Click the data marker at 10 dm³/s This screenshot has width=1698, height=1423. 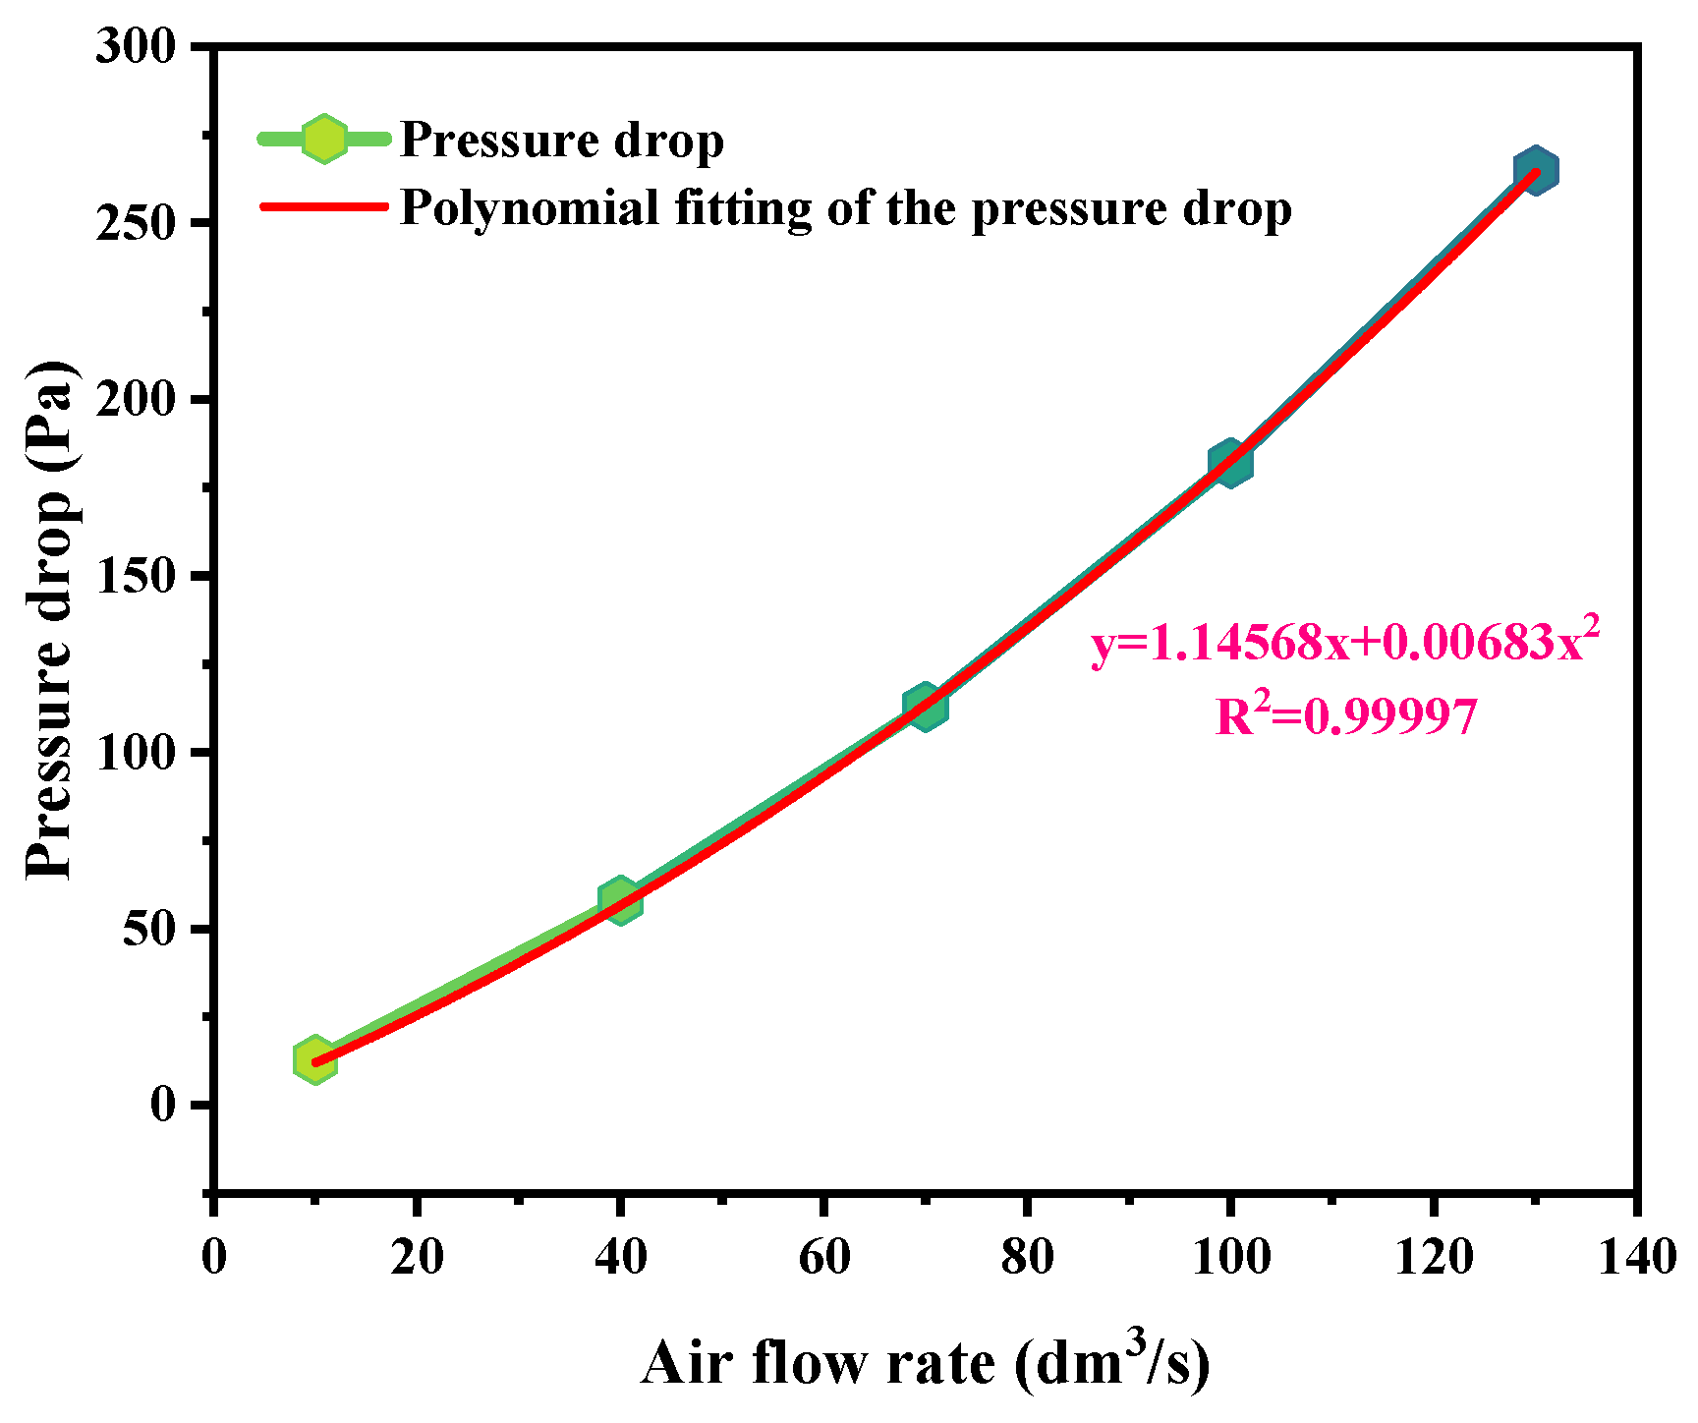tap(314, 1060)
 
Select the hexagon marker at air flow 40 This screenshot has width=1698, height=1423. tap(619, 899)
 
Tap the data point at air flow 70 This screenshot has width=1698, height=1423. tap(924, 707)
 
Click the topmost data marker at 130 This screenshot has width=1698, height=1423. tap(1535, 171)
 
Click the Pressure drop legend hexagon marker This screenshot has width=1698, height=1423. tap(323, 139)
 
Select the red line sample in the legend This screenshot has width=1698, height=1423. tap(323, 206)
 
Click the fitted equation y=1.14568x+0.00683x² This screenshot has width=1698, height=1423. tap(1344, 643)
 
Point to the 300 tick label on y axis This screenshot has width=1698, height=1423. tap(135, 46)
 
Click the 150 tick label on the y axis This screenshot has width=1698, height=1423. tap(135, 576)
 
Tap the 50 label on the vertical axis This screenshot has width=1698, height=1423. tap(148, 929)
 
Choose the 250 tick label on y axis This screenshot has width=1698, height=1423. tap(135, 223)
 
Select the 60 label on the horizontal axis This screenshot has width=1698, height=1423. tap(822, 1257)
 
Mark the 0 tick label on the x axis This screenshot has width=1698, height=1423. tap(213, 1257)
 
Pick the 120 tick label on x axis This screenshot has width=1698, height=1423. tap(1433, 1257)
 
